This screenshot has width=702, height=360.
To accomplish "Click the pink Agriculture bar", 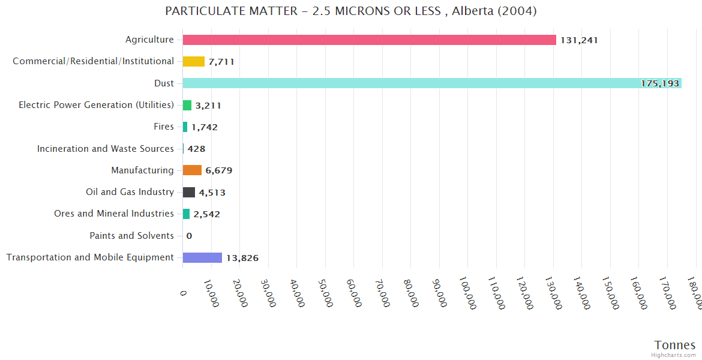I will pos(369,40).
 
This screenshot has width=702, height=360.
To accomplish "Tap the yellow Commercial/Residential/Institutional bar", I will pos(193,61).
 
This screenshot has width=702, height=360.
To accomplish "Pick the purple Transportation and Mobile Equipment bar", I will pos(202,257).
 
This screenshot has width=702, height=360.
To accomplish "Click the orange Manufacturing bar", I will pos(192,170).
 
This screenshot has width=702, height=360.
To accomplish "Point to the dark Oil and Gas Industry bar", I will pos(188,192).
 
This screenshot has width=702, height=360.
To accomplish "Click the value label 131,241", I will pos(579,40).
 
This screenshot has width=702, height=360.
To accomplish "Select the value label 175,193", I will pos(659,83).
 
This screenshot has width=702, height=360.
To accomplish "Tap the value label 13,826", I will pos(242,258).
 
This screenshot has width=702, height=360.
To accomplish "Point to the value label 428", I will pos(196,149).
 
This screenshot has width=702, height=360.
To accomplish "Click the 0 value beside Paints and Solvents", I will pos(189,236).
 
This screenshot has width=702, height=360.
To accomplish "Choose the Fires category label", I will pos(164,127).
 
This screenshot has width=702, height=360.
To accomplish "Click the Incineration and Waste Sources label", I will pos(106,148).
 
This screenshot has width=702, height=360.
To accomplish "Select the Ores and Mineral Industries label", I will pos(114,214).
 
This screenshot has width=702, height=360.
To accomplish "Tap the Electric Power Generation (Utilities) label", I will pos(96,105).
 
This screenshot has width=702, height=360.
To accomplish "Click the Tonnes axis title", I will pos(674,345).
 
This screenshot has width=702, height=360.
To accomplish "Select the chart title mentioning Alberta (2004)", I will pos(351,11).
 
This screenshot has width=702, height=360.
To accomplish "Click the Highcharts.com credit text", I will pos(674,355).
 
